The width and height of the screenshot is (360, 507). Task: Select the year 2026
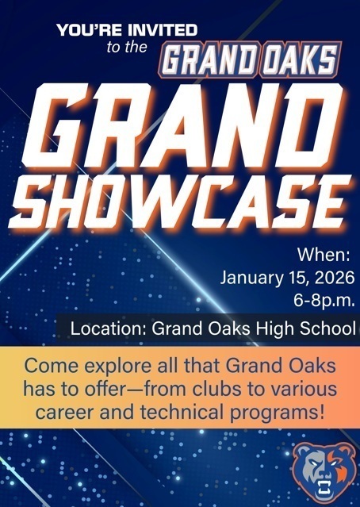tap(333, 279)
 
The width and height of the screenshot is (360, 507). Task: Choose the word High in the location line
tap(276, 328)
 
